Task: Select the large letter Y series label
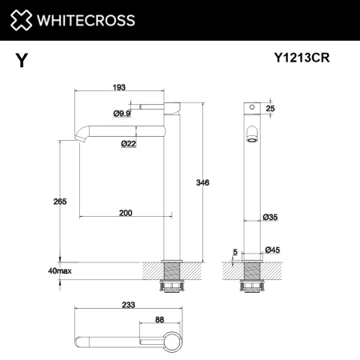click(20, 58)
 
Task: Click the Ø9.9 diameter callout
click(122, 114)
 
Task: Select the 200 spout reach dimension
click(126, 214)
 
